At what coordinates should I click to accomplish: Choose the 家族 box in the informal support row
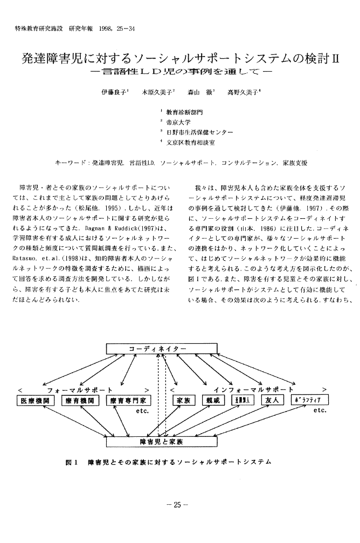182,400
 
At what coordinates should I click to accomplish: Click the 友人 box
272,400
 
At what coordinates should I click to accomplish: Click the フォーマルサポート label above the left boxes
81,389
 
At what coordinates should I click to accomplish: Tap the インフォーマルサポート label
253,389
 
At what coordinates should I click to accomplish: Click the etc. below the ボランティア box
320,410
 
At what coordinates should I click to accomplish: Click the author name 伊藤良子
112,93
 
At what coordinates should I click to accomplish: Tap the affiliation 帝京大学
177,123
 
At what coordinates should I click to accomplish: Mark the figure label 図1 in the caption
72,462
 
